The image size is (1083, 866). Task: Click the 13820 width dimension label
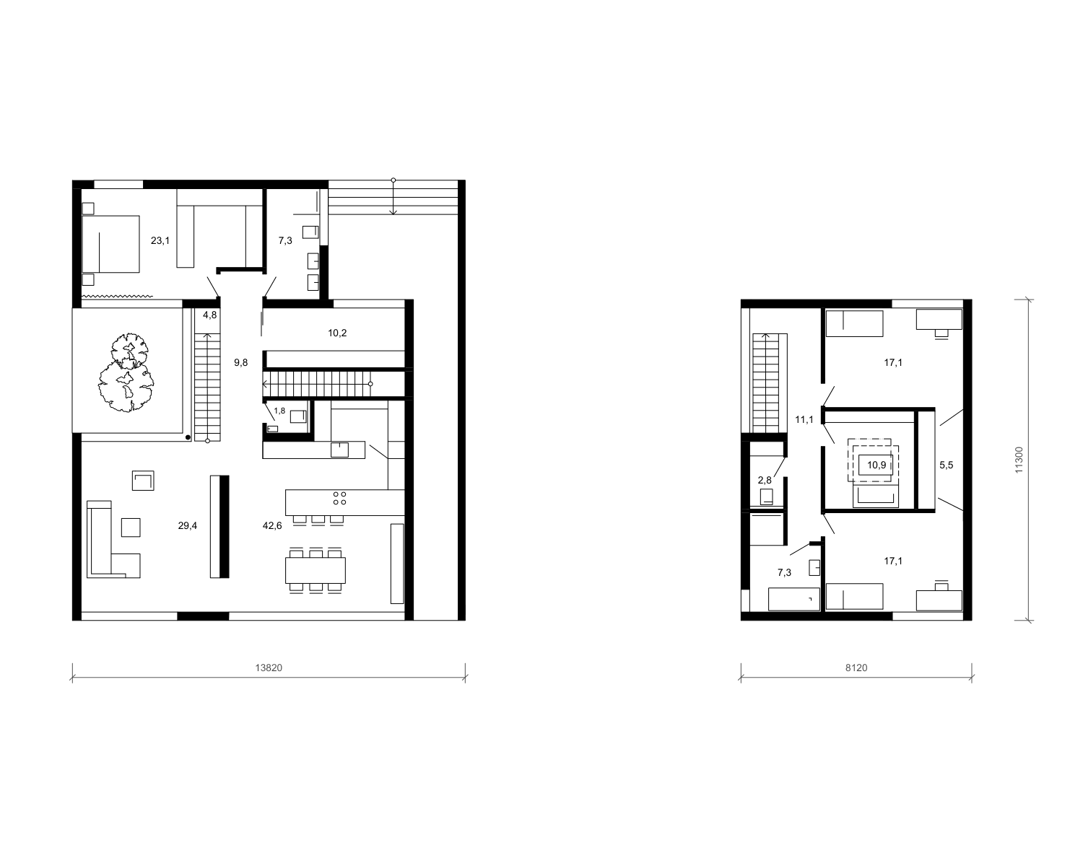pyautogui.click(x=269, y=668)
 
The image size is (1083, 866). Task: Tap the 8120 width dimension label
pyautogui.click(x=856, y=668)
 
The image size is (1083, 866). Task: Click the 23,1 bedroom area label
pyautogui.click(x=160, y=240)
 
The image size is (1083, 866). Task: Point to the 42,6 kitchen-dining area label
pyautogui.click(x=272, y=526)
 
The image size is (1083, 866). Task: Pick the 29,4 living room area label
pyautogui.click(x=187, y=526)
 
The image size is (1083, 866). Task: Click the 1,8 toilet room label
pyautogui.click(x=279, y=411)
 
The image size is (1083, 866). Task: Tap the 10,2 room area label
pyautogui.click(x=337, y=333)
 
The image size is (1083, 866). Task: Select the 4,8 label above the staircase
pyautogui.click(x=210, y=315)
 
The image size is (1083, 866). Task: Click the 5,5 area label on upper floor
pyautogui.click(x=946, y=465)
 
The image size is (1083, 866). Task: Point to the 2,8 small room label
pyautogui.click(x=765, y=480)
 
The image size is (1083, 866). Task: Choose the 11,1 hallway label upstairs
pyautogui.click(x=804, y=419)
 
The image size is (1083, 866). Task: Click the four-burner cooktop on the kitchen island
pyautogui.click(x=339, y=498)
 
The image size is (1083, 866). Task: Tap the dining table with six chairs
pyautogui.click(x=316, y=570)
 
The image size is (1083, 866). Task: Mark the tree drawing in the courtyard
pyautogui.click(x=126, y=372)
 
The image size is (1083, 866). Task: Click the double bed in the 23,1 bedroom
pyautogui.click(x=110, y=244)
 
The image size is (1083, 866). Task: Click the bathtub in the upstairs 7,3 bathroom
pyautogui.click(x=794, y=599)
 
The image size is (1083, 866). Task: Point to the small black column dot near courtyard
pyautogui.click(x=188, y=437)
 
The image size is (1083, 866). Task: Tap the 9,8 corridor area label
pyautogui.click(x=240, y=362)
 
